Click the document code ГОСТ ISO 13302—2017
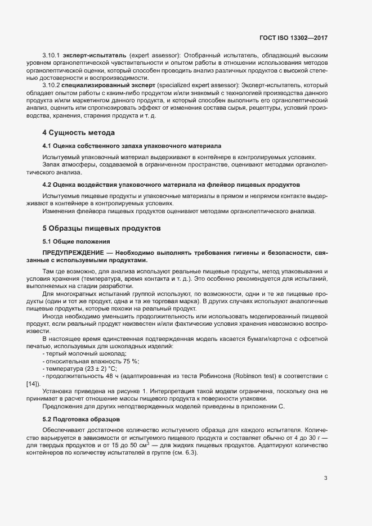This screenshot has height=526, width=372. [293, 38]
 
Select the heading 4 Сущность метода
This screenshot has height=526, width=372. [79, 133]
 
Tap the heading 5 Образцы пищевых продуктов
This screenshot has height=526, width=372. [102, 228]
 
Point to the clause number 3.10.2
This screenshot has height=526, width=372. [51, 84]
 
